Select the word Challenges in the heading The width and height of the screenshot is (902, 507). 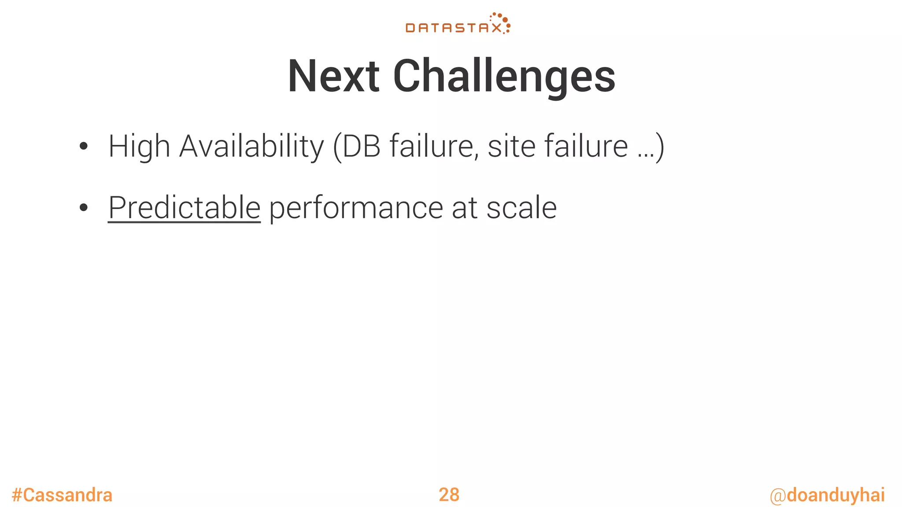[x=504, y=77]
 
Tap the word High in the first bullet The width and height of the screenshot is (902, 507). [x=139, y=146]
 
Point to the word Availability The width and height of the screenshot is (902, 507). [x=251, y=146]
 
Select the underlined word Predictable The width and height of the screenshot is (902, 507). [x=184, y=208]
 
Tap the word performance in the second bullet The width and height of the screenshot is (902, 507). [x=356, y=208]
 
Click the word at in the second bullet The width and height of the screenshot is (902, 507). [x=464, y=209]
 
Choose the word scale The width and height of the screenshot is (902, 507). [x=521, y=208]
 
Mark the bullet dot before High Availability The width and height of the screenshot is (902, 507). [x=83, y=147]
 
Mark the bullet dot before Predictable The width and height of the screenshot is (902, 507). [x=83, y=208]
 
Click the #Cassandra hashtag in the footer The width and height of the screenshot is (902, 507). [x=62, y=495]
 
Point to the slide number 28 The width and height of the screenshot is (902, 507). [x=449, y=495]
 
